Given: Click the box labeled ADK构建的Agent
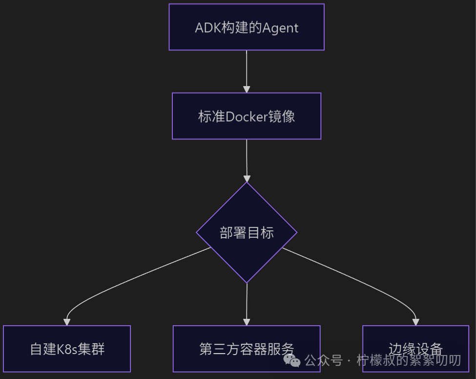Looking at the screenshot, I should [x=247, y=27].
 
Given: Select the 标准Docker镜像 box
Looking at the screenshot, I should [x=247, y=116].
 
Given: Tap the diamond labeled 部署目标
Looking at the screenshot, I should [x=247, y=233].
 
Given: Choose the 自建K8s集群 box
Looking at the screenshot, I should [x=67, y=349].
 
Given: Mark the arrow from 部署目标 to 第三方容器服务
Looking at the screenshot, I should [x=247, y=303].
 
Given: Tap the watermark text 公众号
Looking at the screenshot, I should [x=323, y=361].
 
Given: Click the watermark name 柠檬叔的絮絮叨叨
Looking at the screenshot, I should [x=409, y=361].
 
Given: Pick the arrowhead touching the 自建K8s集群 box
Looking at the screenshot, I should [x=67, y=322].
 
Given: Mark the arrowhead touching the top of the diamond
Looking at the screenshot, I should [x=247, y=178].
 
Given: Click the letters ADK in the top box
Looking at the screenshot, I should [x=206, y=27].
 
